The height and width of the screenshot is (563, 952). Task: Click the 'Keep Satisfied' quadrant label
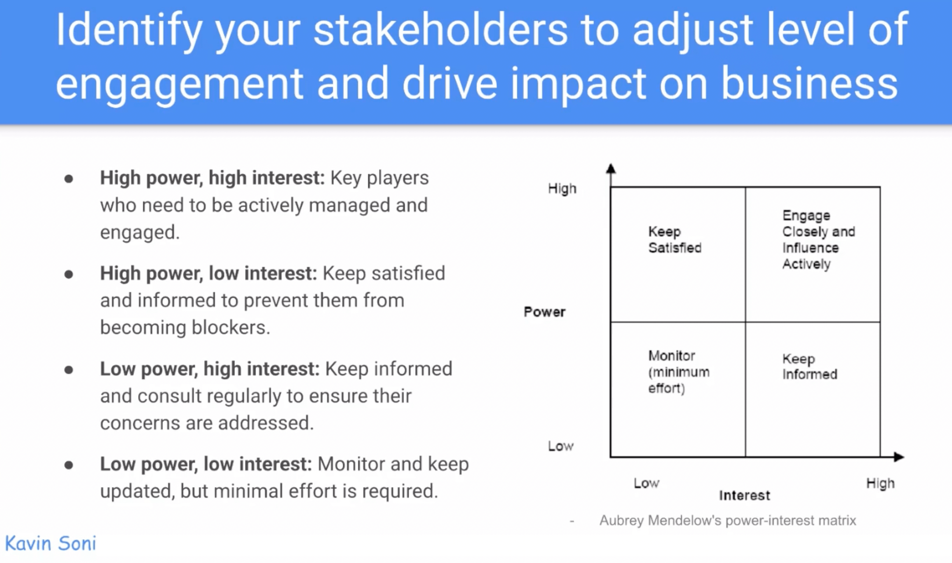click(x=674, y=240)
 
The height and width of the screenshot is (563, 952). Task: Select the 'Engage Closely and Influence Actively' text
click(x=818, y=240)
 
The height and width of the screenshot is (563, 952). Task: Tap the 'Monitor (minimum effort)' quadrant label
click(x=678, y=372)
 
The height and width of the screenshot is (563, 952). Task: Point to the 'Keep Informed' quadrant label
click(x=809, y=366)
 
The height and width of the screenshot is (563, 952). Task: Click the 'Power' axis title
click(x=544, y=312)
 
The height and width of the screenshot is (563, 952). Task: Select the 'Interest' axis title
click(x=744, y=495)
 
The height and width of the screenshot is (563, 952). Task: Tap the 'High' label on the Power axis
click(x=562, y=189)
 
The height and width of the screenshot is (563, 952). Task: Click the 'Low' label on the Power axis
click(x=560, y=446)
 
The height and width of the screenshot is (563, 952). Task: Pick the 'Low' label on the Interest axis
click(x=646, y=483)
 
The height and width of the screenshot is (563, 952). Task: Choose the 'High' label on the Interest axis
click(x=880, y=483)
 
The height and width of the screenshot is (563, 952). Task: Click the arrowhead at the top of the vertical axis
click(x=611, y=168)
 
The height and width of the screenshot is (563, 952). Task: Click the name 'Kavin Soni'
click(x=51, y=543)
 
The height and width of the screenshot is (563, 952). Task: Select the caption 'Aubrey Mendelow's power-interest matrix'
click(x=728, y=520)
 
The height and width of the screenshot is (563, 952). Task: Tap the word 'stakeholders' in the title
click(x=440, y=29)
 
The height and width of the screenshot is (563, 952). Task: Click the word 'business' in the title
click(x=809, y=84)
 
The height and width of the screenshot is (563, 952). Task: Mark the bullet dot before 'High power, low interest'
click(x=69, y=274)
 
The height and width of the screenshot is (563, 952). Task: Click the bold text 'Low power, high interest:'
click(x=209, y=369)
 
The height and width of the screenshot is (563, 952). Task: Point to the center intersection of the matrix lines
click(x=745, y=322)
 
